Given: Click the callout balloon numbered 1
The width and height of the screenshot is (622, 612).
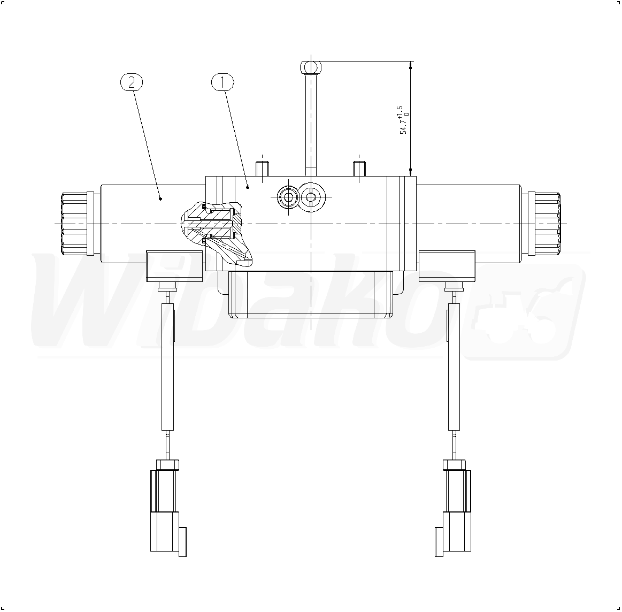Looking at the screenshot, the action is tap(222, 82).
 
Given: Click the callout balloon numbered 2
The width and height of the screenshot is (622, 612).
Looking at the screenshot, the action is tap(132, 82).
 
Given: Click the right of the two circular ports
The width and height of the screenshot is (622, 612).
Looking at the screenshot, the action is tap(311, 196).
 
